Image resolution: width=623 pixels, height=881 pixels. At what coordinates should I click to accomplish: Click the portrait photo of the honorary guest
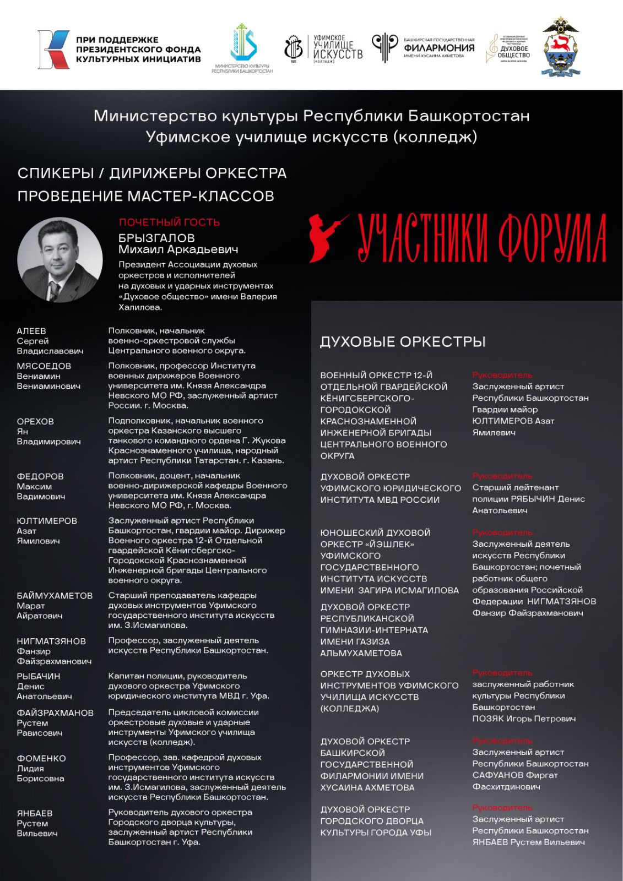(60, 260)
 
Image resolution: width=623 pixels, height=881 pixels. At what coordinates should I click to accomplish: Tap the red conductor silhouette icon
(327, 237)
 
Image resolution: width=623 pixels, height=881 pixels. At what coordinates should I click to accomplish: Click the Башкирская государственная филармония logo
(422, 47)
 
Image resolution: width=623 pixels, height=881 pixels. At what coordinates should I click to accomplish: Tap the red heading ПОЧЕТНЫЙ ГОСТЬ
(170, 222)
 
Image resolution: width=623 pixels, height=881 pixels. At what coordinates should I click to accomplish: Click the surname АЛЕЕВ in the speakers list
(31, 331)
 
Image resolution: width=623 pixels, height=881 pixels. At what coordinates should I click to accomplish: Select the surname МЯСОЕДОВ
(44, 366)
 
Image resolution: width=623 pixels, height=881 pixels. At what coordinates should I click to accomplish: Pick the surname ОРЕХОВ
(35, 422)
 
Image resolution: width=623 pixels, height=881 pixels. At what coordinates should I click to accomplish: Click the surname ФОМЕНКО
(41, 758)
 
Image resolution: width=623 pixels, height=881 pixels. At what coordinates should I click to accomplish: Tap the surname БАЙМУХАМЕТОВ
(55, 596)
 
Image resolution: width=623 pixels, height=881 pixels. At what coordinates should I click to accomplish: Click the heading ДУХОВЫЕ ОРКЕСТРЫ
(403, 342)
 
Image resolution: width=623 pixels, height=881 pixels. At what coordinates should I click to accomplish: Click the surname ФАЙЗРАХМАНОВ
(55, 713)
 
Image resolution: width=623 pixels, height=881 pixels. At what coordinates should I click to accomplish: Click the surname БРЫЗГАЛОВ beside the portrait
(156, 238)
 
